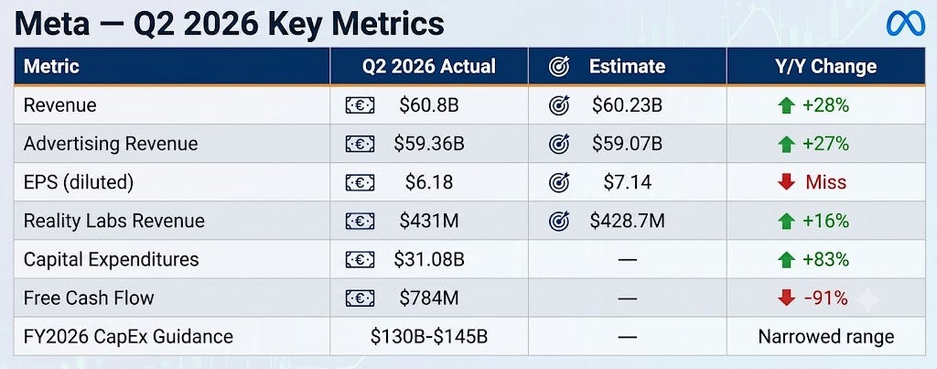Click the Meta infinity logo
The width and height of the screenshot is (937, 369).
tap(905, 24)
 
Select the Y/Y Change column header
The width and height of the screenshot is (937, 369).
tap(825, 66)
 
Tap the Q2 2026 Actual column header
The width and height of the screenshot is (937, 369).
tap(428, 66)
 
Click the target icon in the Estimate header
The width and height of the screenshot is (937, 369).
tap(559, 66)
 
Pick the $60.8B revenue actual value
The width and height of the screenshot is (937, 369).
tap(429, 106)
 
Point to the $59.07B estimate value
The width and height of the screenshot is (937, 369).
tap(627, 144)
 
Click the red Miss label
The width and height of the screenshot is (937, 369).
tap(826, 182)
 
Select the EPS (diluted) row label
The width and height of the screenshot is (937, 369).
tap(79, 182)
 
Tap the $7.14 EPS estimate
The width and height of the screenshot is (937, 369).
tap(627, 182)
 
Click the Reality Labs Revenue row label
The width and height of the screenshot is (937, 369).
tap(114, 221)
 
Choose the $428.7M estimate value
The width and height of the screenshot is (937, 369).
tap(627, 221)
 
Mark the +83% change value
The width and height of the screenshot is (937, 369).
tap(826, 259)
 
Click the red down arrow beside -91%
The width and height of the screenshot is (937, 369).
tap(786, 298)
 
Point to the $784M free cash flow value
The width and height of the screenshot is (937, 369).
tap(429, 298)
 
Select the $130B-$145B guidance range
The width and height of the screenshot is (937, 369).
tap(429, 336)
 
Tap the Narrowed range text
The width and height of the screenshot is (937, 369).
tap(826, 336)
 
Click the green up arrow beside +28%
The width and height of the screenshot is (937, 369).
tap(786, 106)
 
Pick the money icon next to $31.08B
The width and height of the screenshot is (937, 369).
tap(360, 259)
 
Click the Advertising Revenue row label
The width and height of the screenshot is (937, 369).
tap(111, 144)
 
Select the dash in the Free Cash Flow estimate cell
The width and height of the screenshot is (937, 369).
tap(627, 298)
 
